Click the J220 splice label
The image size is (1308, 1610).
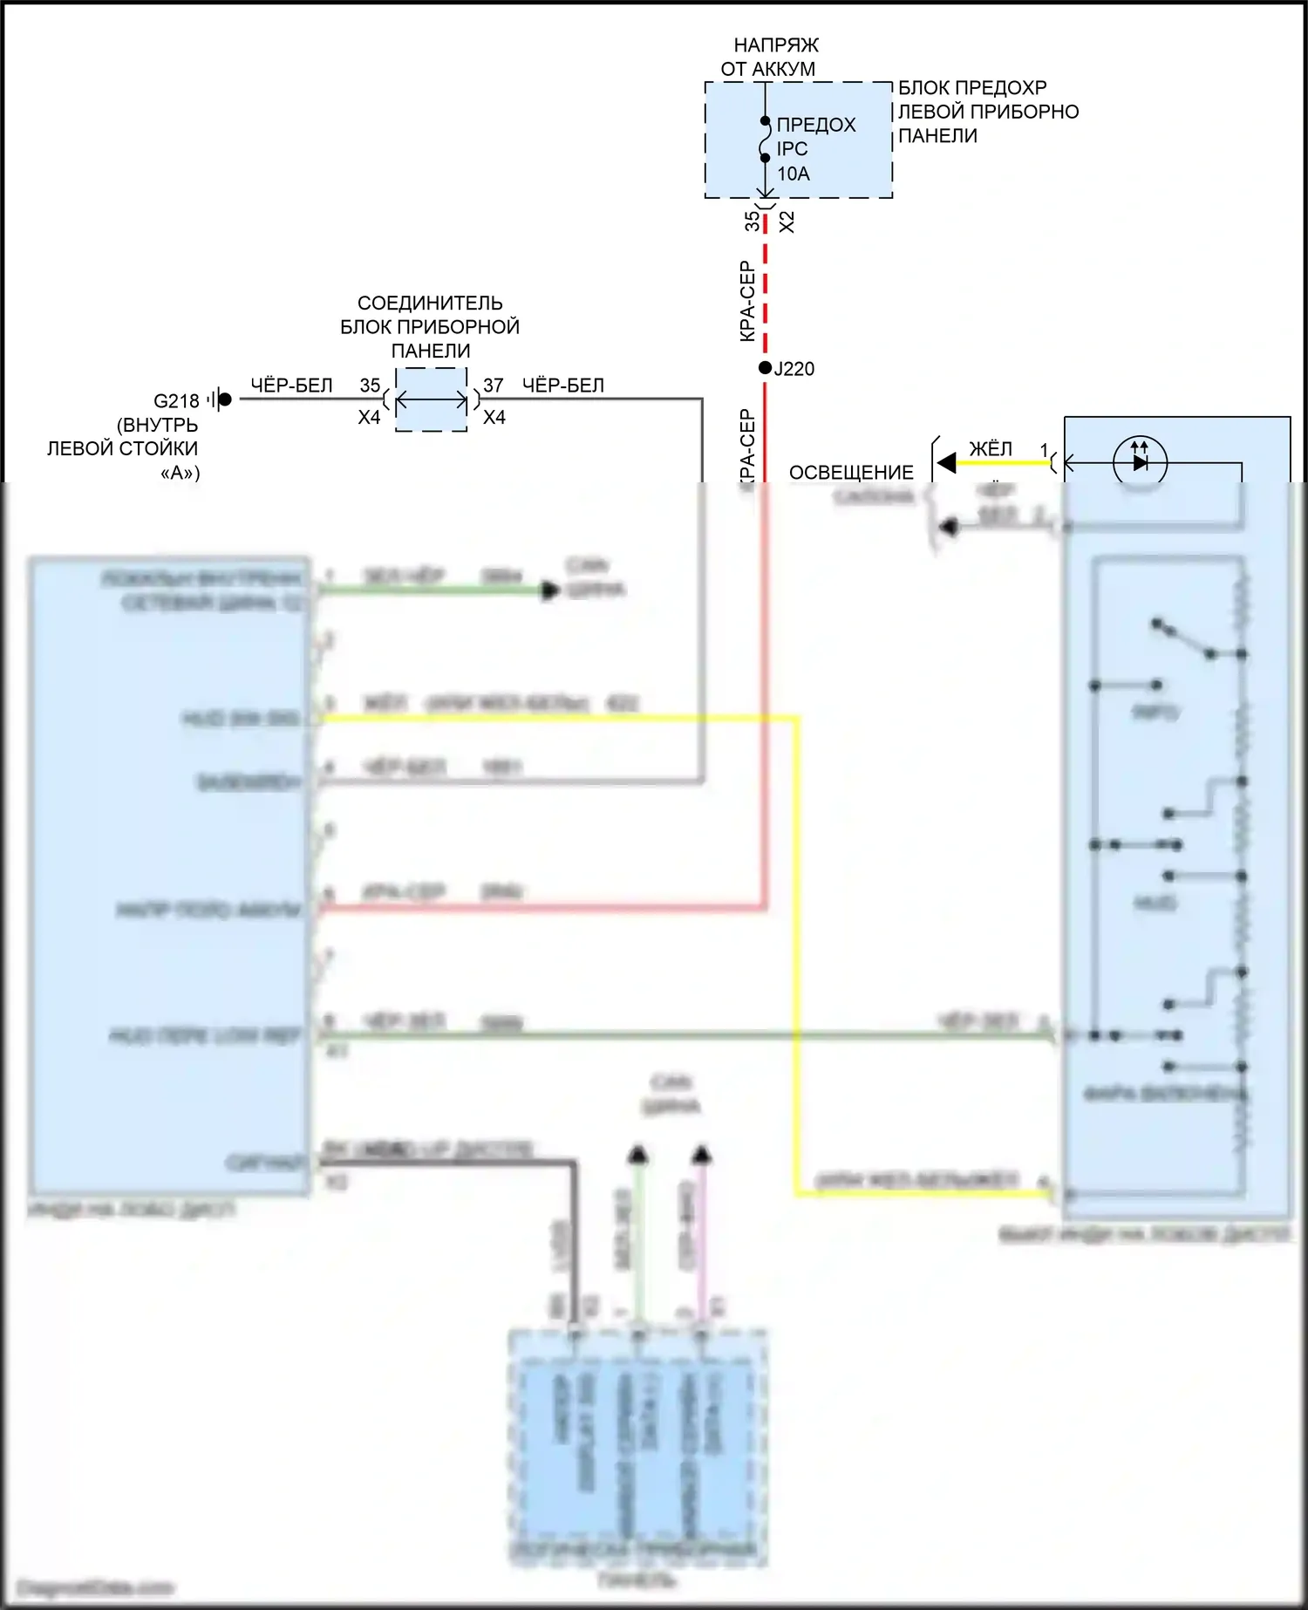pyautogui.click(x=794, y=369)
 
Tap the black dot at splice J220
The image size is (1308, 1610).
pyautogui.click(x=765, y=368)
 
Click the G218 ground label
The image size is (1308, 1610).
pyautogui.click(x=176, y=401)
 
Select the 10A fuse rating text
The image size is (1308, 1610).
pyautogui.click(x=794, y=174)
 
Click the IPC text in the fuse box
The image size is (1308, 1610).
pyautogui.click(x=792, y=149)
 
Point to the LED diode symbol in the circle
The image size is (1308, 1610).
pyautogui.click(x=1140, y=462)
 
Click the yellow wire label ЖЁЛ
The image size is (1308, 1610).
pyautogui.click(x=991, y=449)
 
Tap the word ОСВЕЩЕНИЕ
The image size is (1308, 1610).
pyautogui.click(x=851, y=473)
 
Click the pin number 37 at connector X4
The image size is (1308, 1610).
pyautogui.click(x=494, y=385)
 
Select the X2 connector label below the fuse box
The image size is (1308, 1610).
pyautogui.click(x=787, y=222)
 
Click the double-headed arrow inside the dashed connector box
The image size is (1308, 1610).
pyautogui.click(x=432, y=400)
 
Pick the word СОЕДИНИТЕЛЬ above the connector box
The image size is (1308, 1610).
pyautogui.click(x=430, y=303)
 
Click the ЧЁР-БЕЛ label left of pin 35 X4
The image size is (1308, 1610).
pyautogui.click(x=291, y=385)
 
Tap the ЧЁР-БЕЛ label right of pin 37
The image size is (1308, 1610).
pyautogui.click(x=563, y=385)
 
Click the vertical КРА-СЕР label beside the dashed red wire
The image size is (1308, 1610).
pyautogui.click(x=747, y=301)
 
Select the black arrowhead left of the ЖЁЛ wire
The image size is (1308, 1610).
pyautogui.click(x=947, y=463)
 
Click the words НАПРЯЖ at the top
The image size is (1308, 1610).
pyautogui.click(x=776, y=44)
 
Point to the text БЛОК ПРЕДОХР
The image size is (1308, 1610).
pyautogui.click(x=972, y=88)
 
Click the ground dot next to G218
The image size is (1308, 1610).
pyautogui.click(x=225, y=399)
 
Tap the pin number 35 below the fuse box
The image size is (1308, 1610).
pyautogui.click(x=752, y=222)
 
